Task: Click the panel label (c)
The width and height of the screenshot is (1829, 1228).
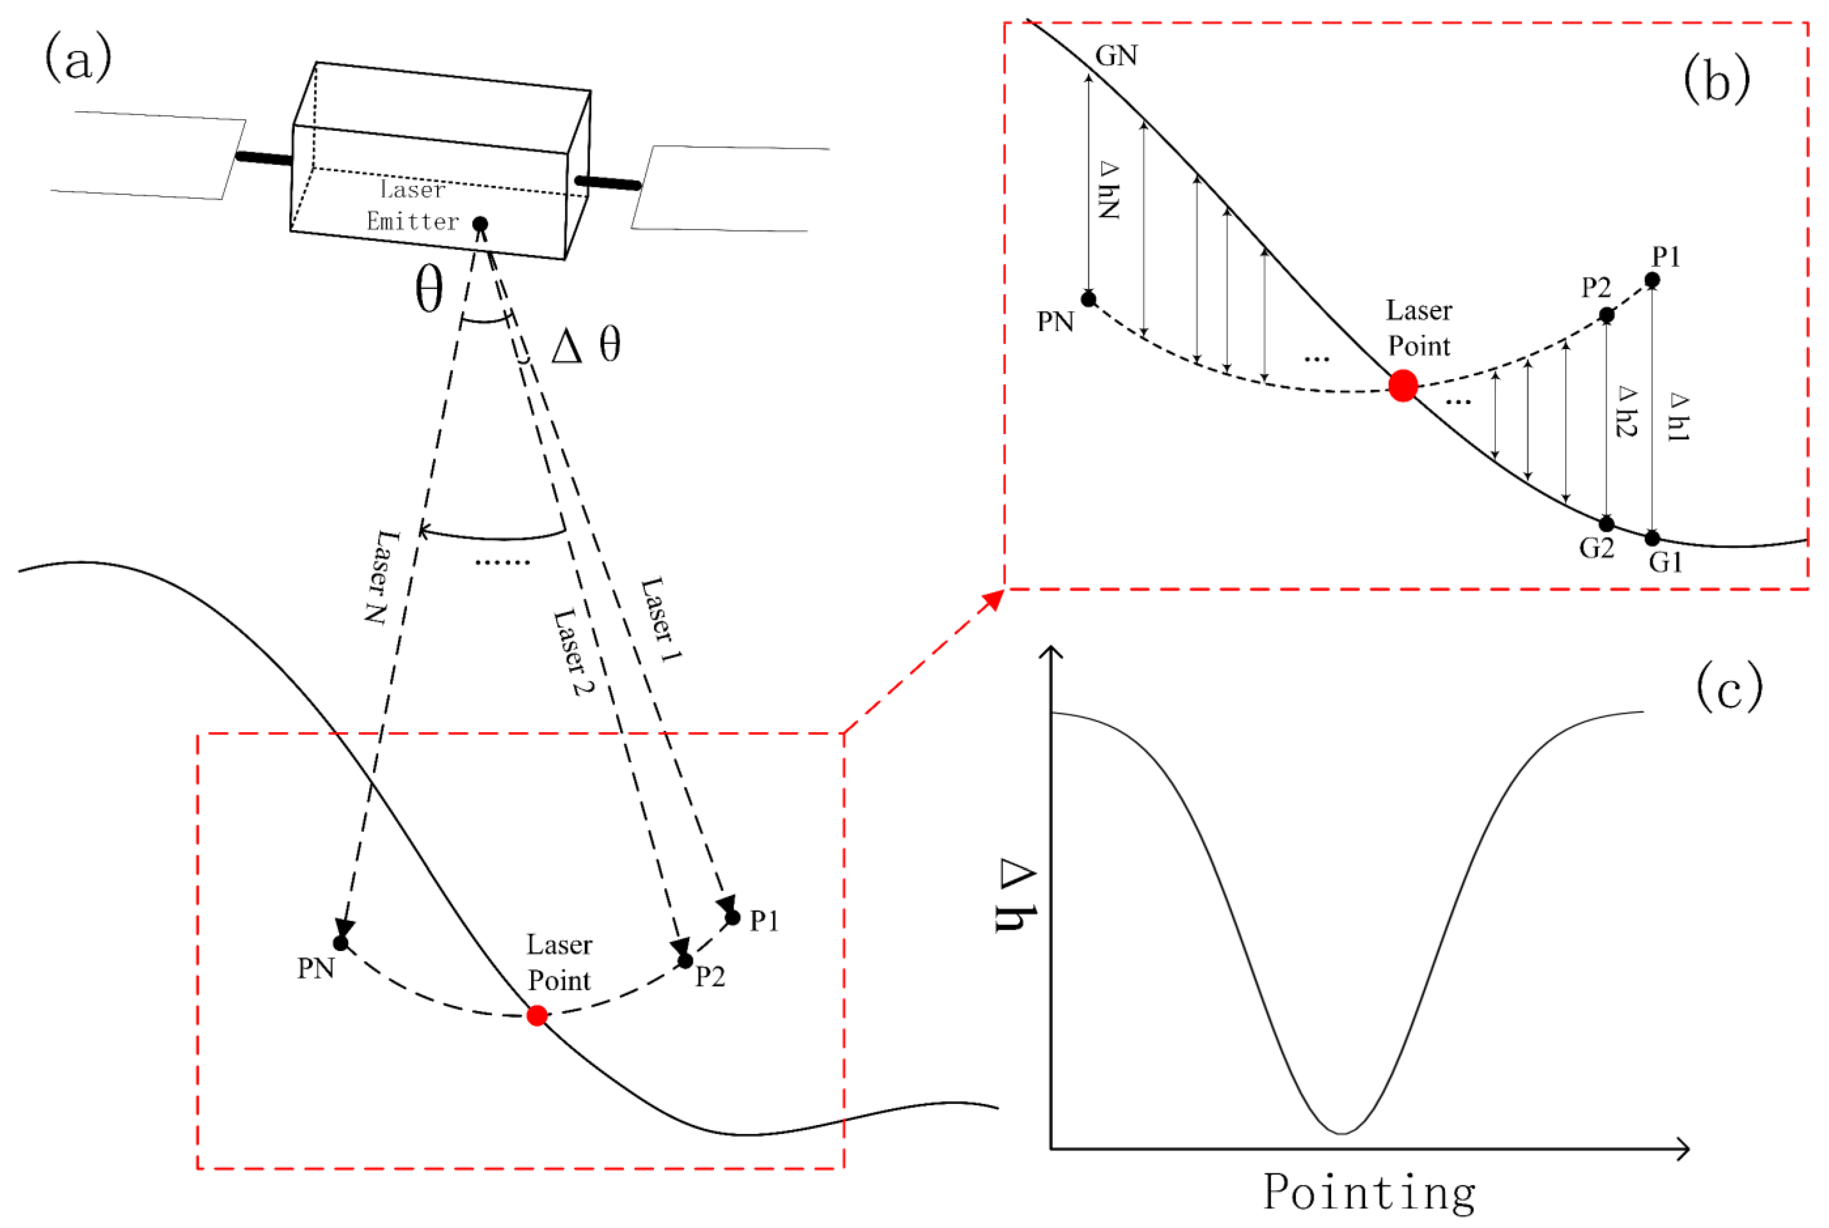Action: pos(1729,687)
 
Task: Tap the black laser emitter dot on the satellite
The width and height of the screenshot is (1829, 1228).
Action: pos(480,225)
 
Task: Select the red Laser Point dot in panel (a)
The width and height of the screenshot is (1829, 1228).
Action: pos(536,1016)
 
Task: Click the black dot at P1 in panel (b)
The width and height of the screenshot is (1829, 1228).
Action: pos(1652,279)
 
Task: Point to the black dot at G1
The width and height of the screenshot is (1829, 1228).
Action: pos(1652,538)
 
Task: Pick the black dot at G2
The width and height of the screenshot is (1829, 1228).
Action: pos(1607,524)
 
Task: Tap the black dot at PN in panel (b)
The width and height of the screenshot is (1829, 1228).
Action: pos(1088,298)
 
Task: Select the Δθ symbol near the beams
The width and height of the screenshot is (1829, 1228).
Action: pos(586,345)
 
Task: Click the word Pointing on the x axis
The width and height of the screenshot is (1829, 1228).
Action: pos(1369,1192)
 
